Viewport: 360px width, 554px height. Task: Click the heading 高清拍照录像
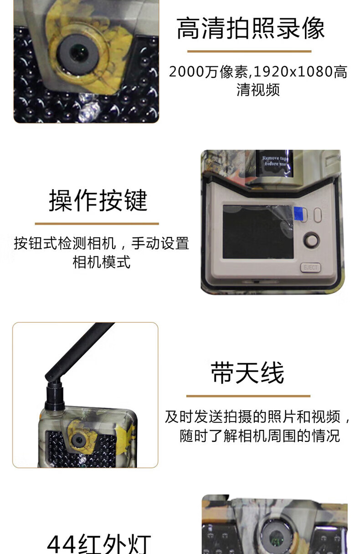pyautogui.click(x=250, y=28)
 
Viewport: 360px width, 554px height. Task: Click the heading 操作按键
pyautogui.click(x=98, y=200)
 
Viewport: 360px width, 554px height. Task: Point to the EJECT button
pyautogui.click(x=310, y=268)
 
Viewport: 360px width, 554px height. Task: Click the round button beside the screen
pyautogui.click(x=312, y=240)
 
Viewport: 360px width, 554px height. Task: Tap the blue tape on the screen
pyautogui.click(x=298, y=214)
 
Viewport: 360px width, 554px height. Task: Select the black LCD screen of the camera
pyautogui.click(x=258, y=232)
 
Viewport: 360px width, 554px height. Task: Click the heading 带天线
pyautogui.click(x=247, y=373)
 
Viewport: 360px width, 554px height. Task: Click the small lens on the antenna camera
pyautogui.click(x=79, y=440)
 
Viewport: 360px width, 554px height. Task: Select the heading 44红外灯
pyautogui.click(x=99, y=544)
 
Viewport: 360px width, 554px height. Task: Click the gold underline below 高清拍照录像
pyautogui.click(x=249, y=52)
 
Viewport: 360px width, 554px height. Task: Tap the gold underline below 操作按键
pyautogui.click(x=97, y=224)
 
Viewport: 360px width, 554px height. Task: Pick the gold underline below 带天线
pyautogui.click(x=248, y=396)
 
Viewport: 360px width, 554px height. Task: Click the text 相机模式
pyautogui.click(x=101, y=262)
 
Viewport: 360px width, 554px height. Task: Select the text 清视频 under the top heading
pyautogui.click(x=258, y=90)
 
